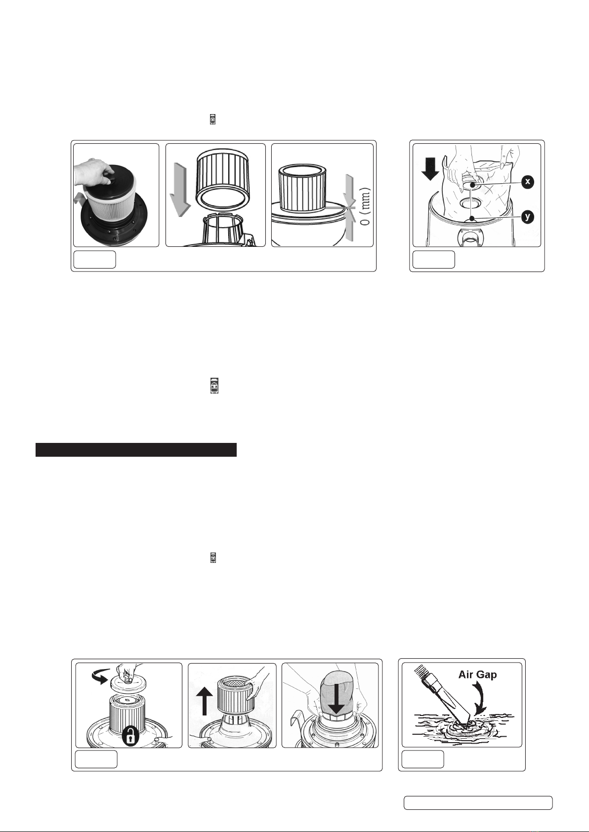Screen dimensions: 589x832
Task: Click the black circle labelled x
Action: pyautogui.click(x=527, y=182)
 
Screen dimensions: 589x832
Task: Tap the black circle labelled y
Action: pyautogui.click(x=528, y=217)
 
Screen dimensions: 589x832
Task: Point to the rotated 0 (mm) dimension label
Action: pyautogui.click(x=366, y=206)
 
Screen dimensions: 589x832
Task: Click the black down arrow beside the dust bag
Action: pyautogui.click(x=431, y=169)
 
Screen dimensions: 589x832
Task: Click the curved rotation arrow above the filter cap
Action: pyautogui.click(x=100, y=676)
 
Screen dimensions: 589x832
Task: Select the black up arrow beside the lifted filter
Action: pyautogui.click(x=205, y=701)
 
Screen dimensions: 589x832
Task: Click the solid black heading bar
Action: pyautogui.click(x=136, y=449)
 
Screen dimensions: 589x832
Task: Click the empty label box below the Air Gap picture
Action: pyautogui.click(x=422, y=759)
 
